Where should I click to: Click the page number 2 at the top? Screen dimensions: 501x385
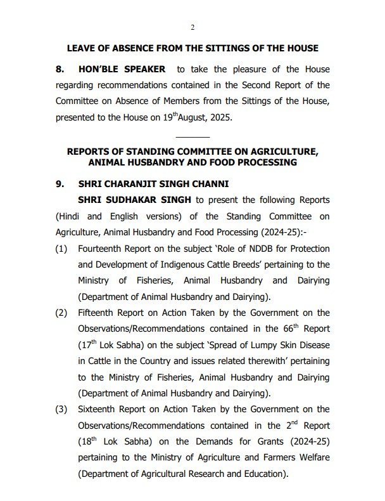pyautogui.click(x=192, y=27)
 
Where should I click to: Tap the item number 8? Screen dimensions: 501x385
pyautogui.click(x=60, y=68)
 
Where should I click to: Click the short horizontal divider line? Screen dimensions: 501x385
pyautogui.click(x=192, y=137)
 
